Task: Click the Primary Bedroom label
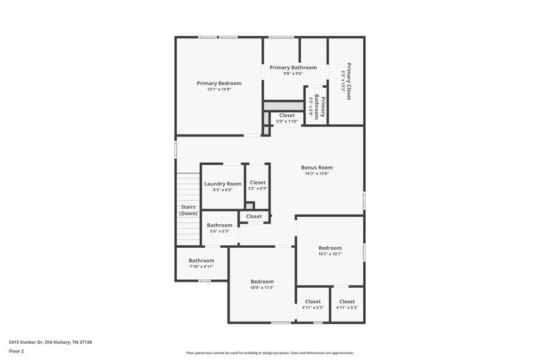[x=219, y=83]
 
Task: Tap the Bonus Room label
[x=317, y=168]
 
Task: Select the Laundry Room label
[x=223, y=184]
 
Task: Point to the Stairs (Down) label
[x=188, y=210]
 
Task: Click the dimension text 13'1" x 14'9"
[x=219, y=90]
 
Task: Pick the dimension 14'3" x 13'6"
[x=317, y=174]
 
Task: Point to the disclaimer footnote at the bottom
[x=270, y=353]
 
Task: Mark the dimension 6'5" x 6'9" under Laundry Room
[x=223, y=190]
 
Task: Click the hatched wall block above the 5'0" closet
[x=283, y=105]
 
